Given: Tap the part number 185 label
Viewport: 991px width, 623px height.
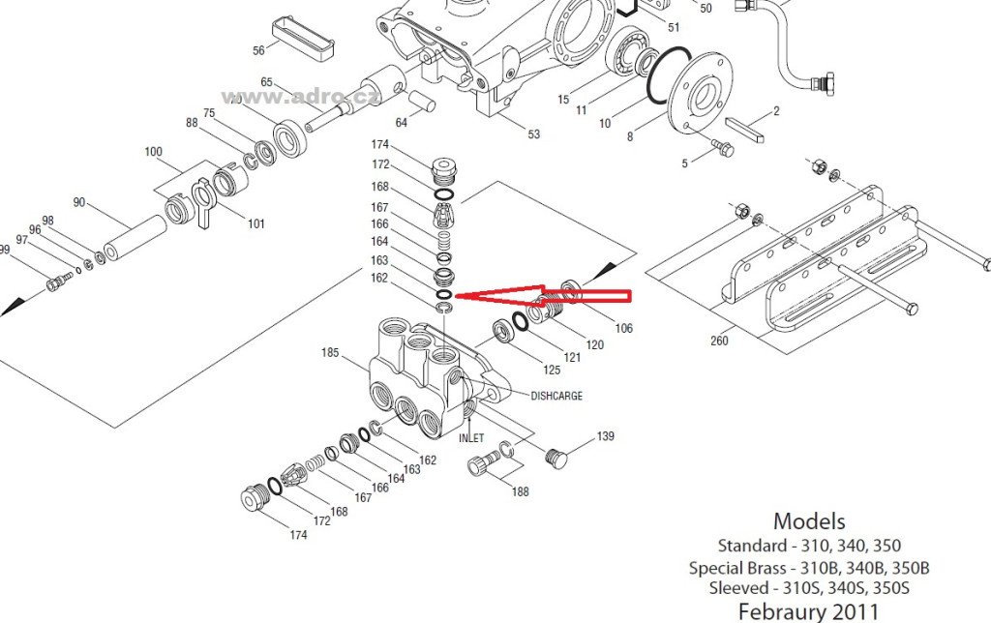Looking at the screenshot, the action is (x=330, y=352).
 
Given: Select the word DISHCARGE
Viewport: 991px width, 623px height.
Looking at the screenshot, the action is (x=556, y=397).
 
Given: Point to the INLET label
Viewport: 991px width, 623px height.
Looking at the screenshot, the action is (x=471, y=438).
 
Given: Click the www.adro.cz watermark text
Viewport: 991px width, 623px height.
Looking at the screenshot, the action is (x=300, y=97).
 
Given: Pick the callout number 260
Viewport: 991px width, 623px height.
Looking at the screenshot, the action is (x=719, y=341).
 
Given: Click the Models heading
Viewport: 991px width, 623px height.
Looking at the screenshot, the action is (x=809, y=521).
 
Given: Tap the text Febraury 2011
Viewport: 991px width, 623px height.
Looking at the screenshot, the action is (x=808, y=611).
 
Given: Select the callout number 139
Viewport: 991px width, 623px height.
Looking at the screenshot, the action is (x=606, y=436).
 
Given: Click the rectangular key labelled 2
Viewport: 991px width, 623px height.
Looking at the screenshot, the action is (x=744, y=131).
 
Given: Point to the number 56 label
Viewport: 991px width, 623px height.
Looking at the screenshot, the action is (x=258, y=50).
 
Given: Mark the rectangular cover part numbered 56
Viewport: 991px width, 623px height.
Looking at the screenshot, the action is (x=303, y=40).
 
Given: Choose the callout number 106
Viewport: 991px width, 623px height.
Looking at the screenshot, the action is (x=624, y=328).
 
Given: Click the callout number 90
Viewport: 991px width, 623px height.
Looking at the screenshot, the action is (x=79, y=202).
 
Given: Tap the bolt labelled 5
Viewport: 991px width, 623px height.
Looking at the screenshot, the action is (x=722, y=148).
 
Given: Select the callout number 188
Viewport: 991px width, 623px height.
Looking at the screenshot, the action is (x=520, y=491).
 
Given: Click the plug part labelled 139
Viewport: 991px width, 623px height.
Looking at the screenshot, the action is (x=556, y=459).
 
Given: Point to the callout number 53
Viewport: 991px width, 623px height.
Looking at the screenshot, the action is (x=534, y=133).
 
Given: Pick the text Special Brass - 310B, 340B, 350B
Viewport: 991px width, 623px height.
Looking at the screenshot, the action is (x=809, y=568).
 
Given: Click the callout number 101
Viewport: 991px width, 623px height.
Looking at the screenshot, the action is (x=255, y=223).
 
